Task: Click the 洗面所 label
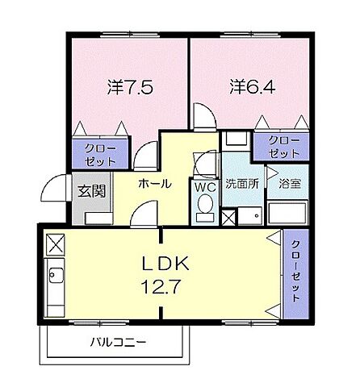tap(241, 183)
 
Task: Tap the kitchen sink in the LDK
tap(56, 278)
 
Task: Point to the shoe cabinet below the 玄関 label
tap(90, 216)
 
